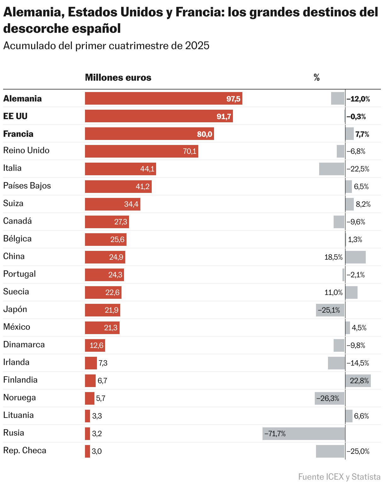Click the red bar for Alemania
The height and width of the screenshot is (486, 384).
(163, 98)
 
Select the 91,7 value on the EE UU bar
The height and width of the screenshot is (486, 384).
(224, 116)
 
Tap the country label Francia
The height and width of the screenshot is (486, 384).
(18, 134)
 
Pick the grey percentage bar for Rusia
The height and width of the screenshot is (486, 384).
(304, 434)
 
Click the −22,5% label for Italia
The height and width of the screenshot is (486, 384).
(358, 169)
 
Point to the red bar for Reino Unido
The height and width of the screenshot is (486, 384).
(141, 151)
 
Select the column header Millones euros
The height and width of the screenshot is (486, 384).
(118, 78)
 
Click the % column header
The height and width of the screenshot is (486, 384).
(317, 78)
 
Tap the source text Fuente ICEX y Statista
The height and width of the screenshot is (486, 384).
(339, 477)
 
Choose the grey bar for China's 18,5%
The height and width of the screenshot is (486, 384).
(356, 257)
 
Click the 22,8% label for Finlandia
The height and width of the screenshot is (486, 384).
(359, 381)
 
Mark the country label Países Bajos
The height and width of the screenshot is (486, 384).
(27, 186)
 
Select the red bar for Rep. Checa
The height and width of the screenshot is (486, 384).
(88, 451)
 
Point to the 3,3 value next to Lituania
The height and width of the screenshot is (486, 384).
(97, 416)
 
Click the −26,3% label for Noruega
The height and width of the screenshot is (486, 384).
(328, 398)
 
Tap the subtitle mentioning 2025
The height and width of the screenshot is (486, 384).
(106, 46)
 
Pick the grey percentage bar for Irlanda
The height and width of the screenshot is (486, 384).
(336, 363)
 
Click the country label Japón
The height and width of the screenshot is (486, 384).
(15, 309)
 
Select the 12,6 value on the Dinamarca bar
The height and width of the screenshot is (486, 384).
(96, 345)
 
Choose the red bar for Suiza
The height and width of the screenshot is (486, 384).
(112, 204)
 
